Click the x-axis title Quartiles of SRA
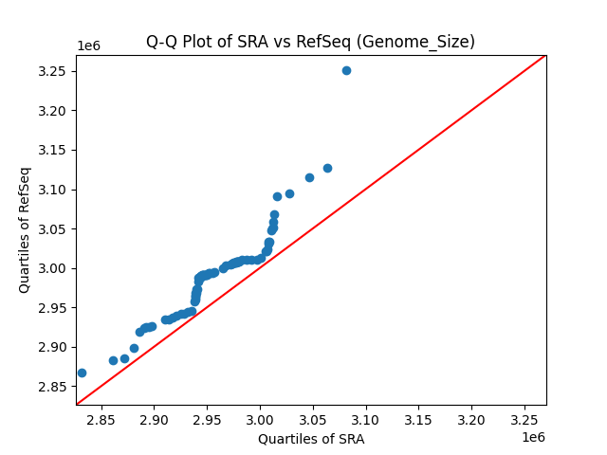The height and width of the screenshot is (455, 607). (x=311, y=439)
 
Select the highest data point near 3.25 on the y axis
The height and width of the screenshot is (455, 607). (x=346, y=70)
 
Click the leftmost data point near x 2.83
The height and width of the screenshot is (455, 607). (x=82, y=373)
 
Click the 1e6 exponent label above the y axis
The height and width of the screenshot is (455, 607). (x=89, y=46)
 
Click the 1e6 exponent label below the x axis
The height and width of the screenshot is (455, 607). (x=532, y=437)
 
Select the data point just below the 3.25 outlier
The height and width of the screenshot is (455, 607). (x=327, y=168)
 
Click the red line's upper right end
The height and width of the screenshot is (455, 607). (x=544, y=56)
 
